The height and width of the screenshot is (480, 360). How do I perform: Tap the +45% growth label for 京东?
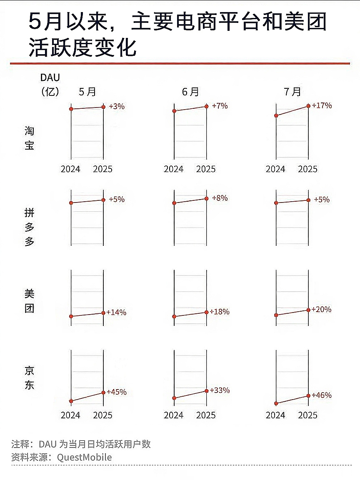(x=117, y=392)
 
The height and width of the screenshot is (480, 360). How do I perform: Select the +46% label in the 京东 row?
(x=322, y=395)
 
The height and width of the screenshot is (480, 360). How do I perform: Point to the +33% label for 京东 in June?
(x=220, y=390)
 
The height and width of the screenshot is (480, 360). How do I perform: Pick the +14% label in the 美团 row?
(x=117, y=312)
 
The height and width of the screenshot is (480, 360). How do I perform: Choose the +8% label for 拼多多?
(x=220, y=198)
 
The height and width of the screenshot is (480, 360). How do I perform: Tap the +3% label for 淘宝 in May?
(x=117, y=106)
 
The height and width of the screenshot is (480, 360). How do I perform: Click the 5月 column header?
(x=87, y=92)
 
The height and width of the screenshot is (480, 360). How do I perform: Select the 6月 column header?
(x=190, y=92)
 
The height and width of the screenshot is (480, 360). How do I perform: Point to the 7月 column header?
(x=292, y=92)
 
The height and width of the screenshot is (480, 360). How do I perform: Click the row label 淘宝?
(x=29, y=138)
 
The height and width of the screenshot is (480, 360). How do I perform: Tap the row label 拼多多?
(x=29, y=227)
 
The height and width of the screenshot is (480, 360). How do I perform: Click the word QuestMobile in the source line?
(x=85, y=457)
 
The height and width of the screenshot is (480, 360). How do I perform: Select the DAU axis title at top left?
(x=50, y=77)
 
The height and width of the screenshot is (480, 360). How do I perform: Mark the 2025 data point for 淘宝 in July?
(x=308, y=106)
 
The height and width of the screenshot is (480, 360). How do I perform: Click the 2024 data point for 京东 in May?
(x=71, y=401)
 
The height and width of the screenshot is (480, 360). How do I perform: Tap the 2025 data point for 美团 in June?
(x=206, y=312)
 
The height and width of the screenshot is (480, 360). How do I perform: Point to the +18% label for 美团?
(x=220, y=312)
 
